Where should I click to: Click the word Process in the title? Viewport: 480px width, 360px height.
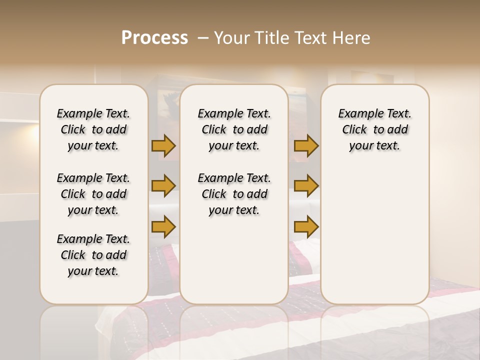point(154,37)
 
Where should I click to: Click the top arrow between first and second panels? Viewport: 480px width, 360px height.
point(163,146)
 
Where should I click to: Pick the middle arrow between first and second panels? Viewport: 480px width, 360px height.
point(163,186)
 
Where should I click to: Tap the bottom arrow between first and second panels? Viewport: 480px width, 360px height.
point(163,226)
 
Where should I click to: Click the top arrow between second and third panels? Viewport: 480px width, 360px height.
point(306,146)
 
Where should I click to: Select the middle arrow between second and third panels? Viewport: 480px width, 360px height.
point(306,186)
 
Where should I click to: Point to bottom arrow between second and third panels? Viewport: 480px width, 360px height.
point(306,226)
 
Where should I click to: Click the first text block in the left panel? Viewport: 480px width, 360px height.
point(93,129)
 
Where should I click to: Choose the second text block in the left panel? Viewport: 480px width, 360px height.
point(93,194)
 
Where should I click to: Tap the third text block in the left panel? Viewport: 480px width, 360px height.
point(93,255)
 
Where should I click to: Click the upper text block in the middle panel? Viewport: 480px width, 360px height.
point(234,129)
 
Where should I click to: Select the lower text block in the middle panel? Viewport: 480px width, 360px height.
point(234,194)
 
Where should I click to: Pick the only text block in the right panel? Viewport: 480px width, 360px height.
point(374,129)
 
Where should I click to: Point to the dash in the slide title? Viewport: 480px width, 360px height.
point(203,37)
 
